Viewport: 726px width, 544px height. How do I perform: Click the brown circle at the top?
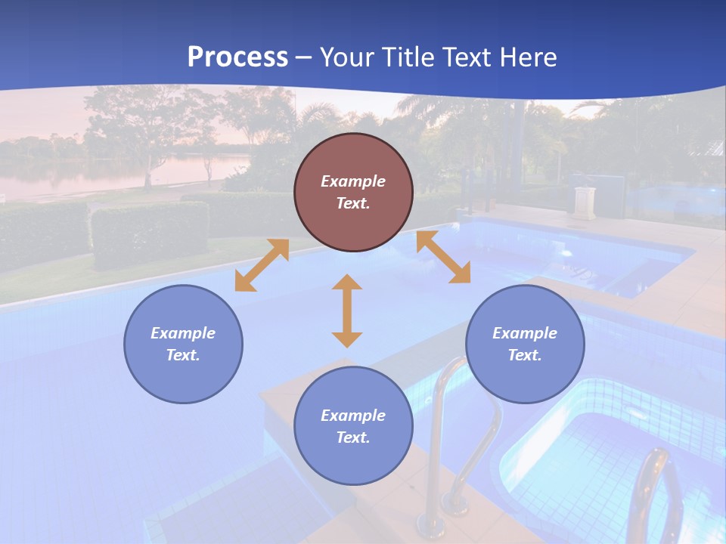(x=353, y=193)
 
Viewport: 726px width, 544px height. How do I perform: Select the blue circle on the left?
(x=183, y=344)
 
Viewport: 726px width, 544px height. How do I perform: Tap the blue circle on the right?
(x=525, y=344)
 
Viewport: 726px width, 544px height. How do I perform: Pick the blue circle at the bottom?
(x=353, y=426)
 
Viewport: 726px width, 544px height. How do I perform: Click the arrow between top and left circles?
(x=262, y=265)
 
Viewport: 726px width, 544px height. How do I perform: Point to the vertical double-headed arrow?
(x=347, y=311)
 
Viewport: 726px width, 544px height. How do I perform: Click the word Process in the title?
(x=237, y=57)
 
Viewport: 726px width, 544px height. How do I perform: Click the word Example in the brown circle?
(x=353, y=181)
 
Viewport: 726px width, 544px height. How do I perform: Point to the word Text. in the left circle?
(x=183, y=355)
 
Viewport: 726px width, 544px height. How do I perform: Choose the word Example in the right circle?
(x=525, y=333)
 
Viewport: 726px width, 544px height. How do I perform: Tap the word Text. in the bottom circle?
(x=353, y=437)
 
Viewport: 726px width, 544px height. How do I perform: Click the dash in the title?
(x=304, y=58)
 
